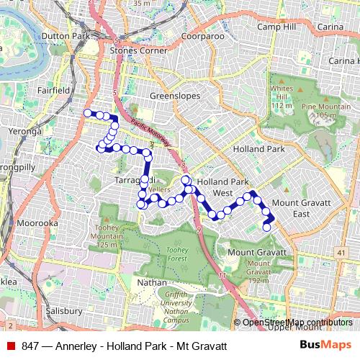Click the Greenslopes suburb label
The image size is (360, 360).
pos(173,94)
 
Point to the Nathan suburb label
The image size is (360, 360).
pos(151,283)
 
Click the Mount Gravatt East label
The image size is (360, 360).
pos(301,209)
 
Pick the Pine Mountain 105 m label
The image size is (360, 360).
pos(320,110)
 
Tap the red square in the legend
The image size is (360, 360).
pos(10,345)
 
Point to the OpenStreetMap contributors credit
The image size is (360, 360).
pos(297,322)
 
